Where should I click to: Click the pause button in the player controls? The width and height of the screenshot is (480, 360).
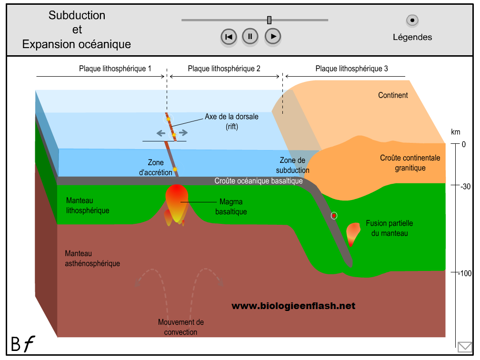point(250,36)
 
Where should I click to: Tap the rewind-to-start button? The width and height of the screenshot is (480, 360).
point(229,37)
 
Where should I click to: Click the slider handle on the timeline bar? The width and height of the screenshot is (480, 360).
point(270,20)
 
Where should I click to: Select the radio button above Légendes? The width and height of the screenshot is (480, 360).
point(412,20)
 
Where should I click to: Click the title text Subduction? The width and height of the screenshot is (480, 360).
point(77,15)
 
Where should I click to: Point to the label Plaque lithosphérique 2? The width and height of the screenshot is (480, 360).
point(224,69)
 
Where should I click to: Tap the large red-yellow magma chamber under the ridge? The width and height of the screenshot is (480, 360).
point(176,202)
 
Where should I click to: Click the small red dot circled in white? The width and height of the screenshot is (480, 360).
point(334,216)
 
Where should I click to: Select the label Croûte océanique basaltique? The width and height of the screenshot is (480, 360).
point(259,181)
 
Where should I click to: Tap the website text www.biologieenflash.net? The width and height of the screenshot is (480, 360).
point(293,306)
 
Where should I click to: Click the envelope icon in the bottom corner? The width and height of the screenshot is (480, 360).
point(464,347)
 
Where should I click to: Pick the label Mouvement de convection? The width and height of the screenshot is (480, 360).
point(180,327)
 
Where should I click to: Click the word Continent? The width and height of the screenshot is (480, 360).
point(393,95)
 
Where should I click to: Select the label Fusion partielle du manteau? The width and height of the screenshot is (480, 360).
point(389,228)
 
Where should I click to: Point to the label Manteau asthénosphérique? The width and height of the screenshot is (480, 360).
point(92,258)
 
